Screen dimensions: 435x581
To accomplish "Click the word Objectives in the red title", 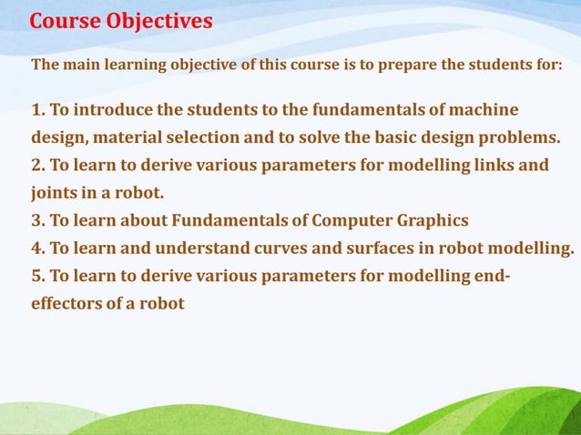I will (x=160, y=20).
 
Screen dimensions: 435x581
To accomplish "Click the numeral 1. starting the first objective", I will (x=38, y=110).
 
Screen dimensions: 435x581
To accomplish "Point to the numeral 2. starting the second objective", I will (x=38, y=166).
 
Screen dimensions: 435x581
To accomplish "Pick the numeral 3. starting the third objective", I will (x=38, y=220).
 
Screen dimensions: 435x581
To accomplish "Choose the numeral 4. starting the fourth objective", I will (x=38, y=248).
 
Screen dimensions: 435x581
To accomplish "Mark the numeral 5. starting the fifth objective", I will (x=38, y=276).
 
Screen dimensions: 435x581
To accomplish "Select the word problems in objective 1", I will (x=520, y=138).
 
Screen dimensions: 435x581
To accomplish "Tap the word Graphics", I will (x=433, y=220).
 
